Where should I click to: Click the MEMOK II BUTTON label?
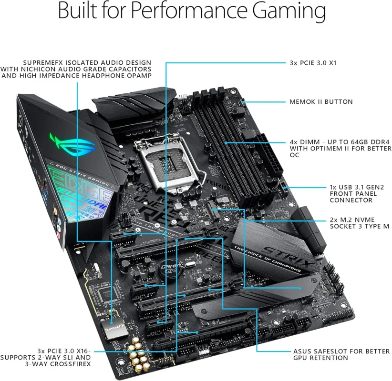pos(321,102)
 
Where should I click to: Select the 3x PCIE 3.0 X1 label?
pos(313,62)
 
